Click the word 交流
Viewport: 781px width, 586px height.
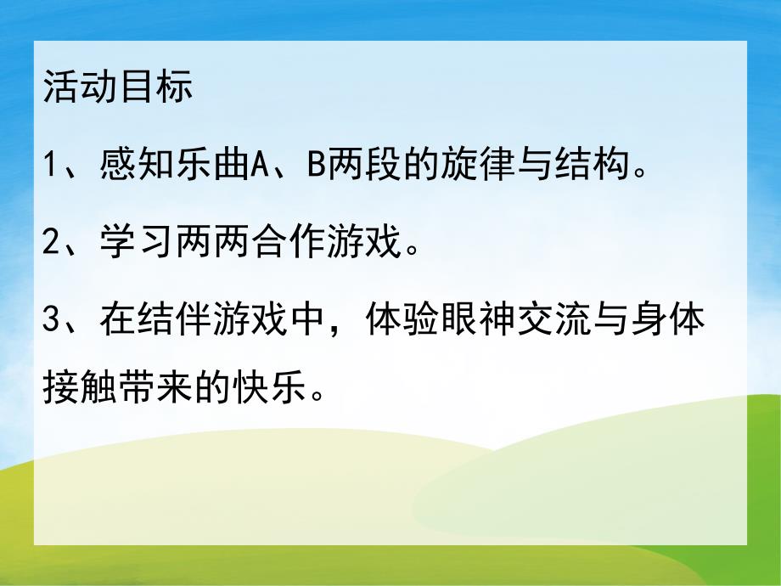tap(564, 322)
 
